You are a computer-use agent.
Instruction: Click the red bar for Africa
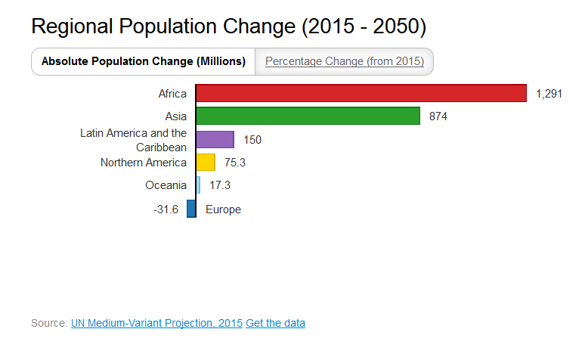point(361,93)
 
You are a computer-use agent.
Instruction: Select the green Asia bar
point(308,116)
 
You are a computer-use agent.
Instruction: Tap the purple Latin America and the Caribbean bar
point(215,139)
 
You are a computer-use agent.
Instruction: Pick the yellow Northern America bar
point(206,163)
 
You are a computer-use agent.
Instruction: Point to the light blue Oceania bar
point(198,185)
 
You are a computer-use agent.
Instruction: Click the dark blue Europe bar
point(191,209)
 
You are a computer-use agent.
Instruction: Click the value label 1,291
point(549,94)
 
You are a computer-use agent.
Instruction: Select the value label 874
point(438,116)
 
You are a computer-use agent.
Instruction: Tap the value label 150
point(252,140)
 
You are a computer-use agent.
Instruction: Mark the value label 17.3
point(220,186)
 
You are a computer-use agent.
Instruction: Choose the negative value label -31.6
point(166,209)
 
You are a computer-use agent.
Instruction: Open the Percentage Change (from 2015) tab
point(345,61)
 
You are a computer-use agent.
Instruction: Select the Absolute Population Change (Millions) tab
point(144,61)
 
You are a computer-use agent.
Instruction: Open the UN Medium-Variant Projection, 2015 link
point(156,323)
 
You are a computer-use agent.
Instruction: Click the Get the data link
point(275,323)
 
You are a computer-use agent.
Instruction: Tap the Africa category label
point(172,94)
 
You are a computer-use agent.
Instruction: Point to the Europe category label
point(223,209)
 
